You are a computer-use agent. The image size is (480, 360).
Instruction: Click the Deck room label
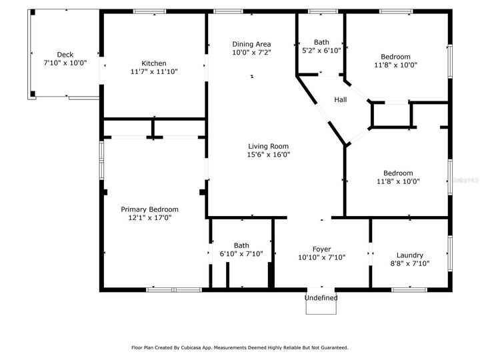[65, 55]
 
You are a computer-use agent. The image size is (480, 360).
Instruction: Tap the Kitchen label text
[153, 63]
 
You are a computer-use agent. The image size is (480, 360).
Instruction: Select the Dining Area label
[251, 44]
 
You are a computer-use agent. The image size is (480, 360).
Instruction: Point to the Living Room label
[268, 147]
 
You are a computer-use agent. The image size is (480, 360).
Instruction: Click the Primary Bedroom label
[149, 209]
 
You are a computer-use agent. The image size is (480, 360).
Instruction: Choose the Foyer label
[321, 249]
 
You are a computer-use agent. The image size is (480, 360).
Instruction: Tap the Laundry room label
[410, 255]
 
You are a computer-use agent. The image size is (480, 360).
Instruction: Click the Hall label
[340, 100]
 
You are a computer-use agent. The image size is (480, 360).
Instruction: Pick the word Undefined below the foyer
[321, 298]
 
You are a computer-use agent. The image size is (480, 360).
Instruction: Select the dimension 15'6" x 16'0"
[268, 155]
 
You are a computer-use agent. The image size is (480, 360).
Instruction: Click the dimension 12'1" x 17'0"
[149, 217]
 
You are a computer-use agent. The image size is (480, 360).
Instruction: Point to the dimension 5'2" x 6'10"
[321, 50]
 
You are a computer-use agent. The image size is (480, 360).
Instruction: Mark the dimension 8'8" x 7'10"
[410, 263]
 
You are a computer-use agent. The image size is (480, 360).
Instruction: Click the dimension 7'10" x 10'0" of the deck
[65, 63]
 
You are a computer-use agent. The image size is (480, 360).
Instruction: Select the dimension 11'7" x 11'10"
[153, 71]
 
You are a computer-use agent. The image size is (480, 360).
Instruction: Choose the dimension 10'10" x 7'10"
[321, 257]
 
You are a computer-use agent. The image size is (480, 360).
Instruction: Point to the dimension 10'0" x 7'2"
[251, 52]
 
